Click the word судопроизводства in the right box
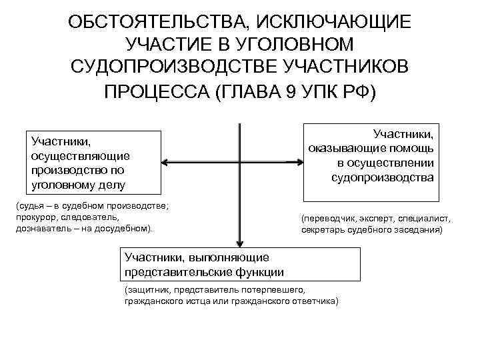click(x=382, y=177)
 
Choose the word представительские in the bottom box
click(x=171, y=271)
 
